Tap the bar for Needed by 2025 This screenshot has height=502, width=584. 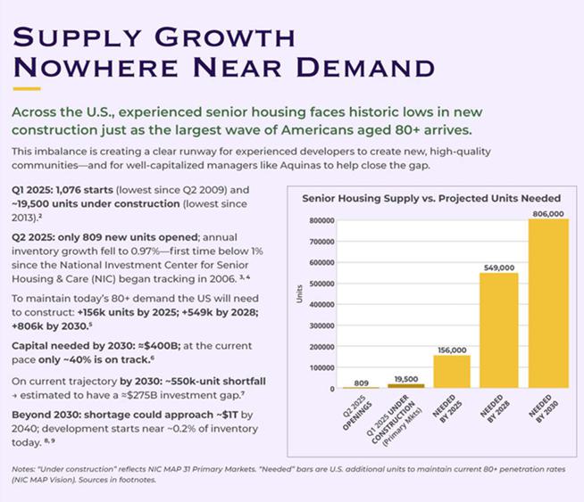[x=451, y=371]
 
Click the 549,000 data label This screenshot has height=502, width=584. [x=499, y=267]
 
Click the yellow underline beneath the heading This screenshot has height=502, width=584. [x=26, y=89]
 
